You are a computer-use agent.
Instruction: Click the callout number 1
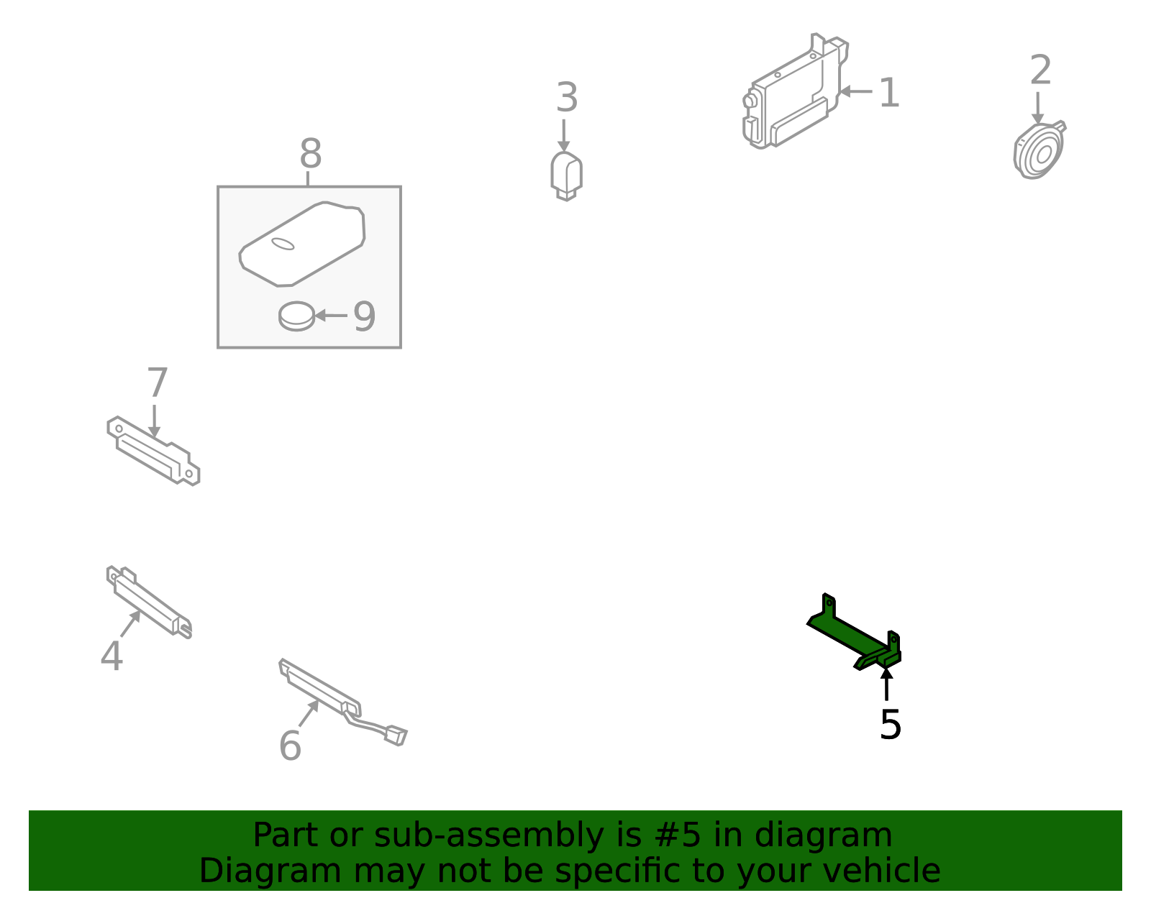coord(889,93)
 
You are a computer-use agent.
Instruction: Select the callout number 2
coord(1040,69)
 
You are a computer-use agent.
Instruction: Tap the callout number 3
coord(567,97)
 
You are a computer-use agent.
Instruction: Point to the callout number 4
coord(112,656)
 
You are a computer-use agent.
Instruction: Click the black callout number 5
coord(891,725)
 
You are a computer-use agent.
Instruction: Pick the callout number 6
coord(290,746)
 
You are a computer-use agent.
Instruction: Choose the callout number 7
coord(158,382)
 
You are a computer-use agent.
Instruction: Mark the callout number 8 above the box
coord(310,153)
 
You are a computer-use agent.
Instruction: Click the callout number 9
coord(365,316)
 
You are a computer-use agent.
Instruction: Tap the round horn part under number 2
coord(1039,151)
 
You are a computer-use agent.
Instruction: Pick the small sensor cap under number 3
coord(566,176)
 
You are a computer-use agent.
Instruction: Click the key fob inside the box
coord(302,244)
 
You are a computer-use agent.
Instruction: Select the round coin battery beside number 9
coord(296,316)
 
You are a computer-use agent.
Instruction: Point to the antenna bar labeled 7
coord(153,451)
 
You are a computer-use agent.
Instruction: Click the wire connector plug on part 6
coord(396,736)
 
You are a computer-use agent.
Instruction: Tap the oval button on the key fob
coord(283,244)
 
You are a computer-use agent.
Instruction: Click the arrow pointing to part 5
coord(887,684)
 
